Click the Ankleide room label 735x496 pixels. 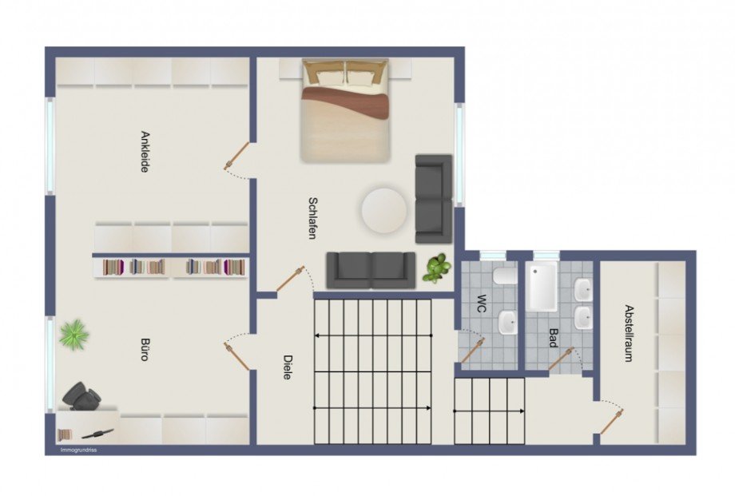(145, 152)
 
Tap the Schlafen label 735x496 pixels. (312, 218)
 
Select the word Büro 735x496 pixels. (145, 349)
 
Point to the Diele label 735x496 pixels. (288, 367)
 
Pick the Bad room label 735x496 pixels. (554, 338)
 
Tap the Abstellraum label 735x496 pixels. (629, 333)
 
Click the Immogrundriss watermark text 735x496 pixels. (78, 450)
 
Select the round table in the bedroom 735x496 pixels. (384, 211)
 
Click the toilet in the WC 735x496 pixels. (504, 277)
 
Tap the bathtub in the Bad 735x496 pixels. (542, 286)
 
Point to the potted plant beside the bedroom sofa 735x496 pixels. (436, 268)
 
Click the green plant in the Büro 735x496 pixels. (74, 333)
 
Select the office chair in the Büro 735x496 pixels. (81, 396)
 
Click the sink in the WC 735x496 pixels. (507, 322)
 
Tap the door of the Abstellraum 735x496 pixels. (612, 421)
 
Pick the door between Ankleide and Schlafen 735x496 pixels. (237, 156)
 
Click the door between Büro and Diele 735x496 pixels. (236, 356)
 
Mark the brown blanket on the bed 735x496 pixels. (345, 101)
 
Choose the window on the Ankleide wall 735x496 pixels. (50, 146)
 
